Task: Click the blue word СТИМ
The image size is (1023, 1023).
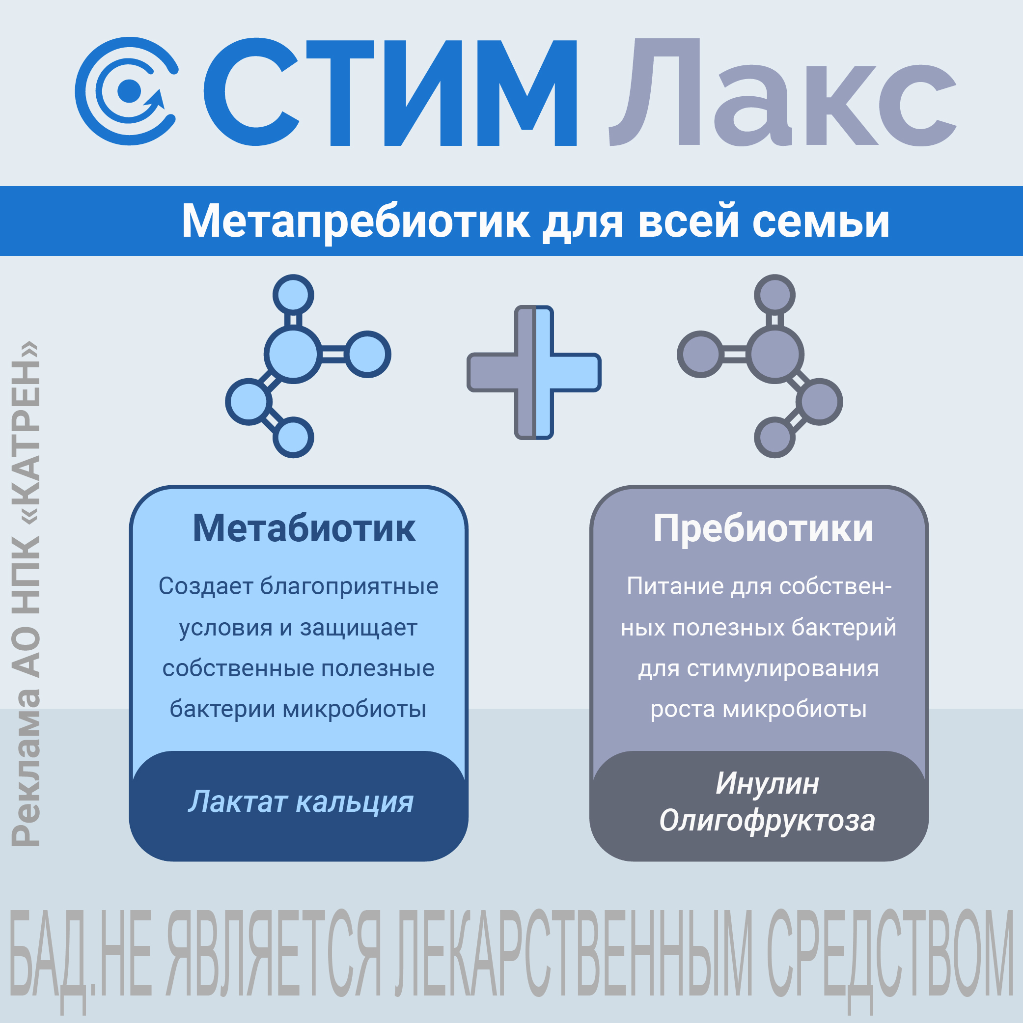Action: (x=390, y=92)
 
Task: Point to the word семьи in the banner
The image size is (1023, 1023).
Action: (x=821, y=221)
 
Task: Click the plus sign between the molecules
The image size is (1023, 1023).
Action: (x=534, y=372)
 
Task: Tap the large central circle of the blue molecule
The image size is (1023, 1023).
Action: (x=293, y=354)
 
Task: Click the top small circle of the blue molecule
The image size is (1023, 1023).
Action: (x=293, y=295)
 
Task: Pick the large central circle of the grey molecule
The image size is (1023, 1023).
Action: (x=774, y=354)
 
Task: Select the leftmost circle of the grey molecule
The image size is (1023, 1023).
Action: (x=700, y=354)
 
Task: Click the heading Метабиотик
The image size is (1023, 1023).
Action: (x=304, y=528)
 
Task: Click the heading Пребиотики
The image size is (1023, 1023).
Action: (x=763, y=528)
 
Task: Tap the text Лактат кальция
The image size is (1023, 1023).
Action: (x=301, y=801)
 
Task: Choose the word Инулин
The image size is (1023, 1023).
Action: (x=767, y=783)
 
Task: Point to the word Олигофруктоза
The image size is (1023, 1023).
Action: (x=767, y=820)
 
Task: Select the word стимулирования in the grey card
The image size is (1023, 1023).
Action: (x=783, y=668)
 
